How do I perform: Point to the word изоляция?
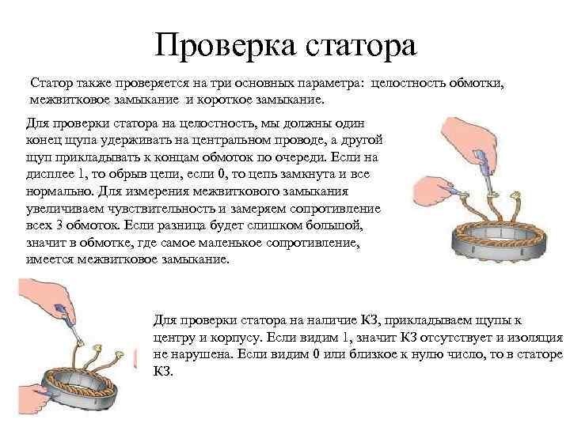[x=534, y=337]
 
